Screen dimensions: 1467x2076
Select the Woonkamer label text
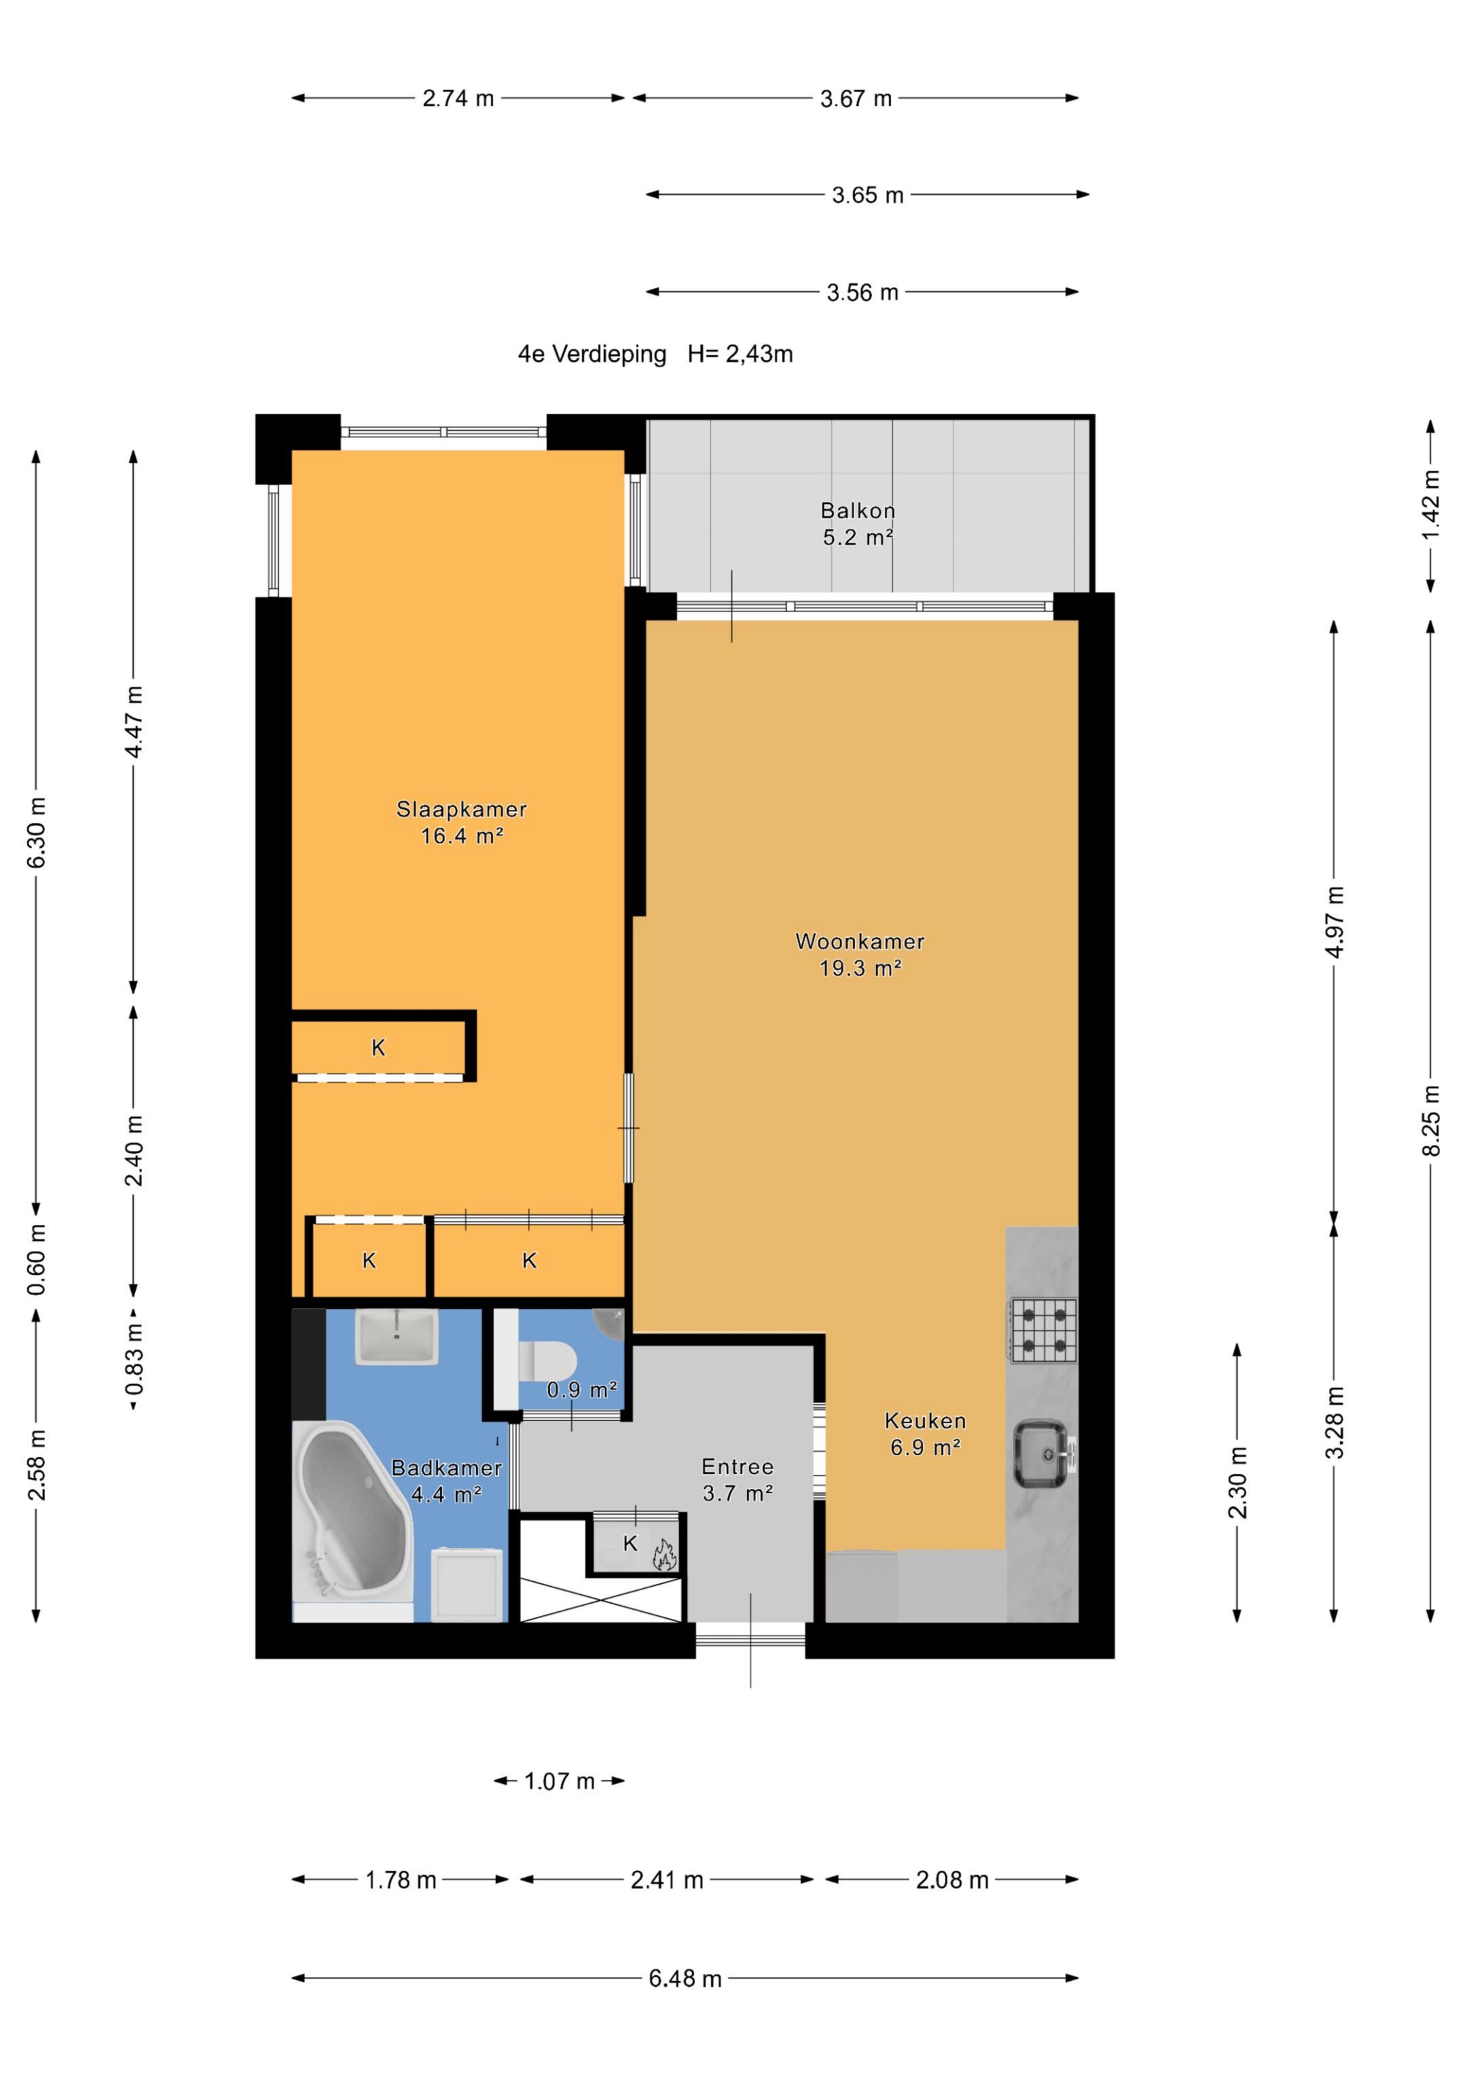point(860,941)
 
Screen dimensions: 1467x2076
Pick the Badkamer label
point(446,1468)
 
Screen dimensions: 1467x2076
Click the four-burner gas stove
point(1043,1330)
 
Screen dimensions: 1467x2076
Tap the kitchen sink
point(1045,1455)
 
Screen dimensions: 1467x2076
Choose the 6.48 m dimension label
point(685,1978)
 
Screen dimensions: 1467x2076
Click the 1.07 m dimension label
point(560,1781)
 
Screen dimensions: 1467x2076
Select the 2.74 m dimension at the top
point(458,98)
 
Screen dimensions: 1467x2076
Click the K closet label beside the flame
point(631,1543)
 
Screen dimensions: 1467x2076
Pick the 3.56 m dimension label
point(863,292)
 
